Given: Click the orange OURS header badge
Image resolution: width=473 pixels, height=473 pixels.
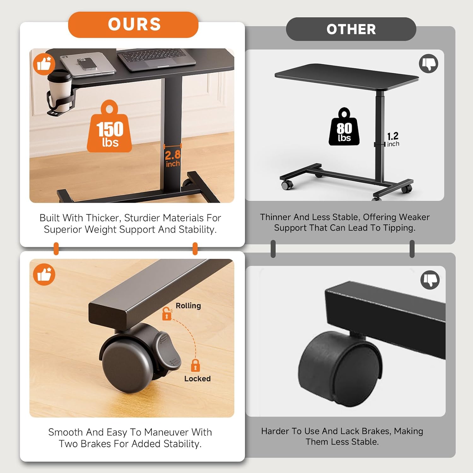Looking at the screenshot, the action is click(x=133, y=25).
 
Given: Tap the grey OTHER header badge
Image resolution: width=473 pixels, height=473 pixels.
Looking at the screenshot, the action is click(x=351, y=29).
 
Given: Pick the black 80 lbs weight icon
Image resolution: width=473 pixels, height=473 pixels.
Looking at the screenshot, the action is click(x=344, y=127).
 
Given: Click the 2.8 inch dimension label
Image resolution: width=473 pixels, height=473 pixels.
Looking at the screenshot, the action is click(x=173, y=158).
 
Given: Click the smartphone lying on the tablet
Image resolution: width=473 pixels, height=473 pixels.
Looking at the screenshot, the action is click(x=87, y=63).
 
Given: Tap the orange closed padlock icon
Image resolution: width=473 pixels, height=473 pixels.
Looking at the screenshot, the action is click(x=196, y=365).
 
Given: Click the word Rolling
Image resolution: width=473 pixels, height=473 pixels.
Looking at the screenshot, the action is click(x=188, y=306).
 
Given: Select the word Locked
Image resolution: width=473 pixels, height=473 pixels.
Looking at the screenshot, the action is click(x=197, y=378).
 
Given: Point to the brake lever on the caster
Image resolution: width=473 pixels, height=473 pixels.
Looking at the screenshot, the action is click(x=166, y=350).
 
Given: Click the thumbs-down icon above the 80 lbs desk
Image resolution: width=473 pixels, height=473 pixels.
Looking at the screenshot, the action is click(x=429, y=63).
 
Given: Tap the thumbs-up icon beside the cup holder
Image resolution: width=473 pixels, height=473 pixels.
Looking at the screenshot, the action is click(x=44, y=64).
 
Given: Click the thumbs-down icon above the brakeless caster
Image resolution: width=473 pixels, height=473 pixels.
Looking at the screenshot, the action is click(x=430, y=280).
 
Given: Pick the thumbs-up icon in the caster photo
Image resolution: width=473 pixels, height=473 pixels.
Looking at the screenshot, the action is click(x=44, y=274).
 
